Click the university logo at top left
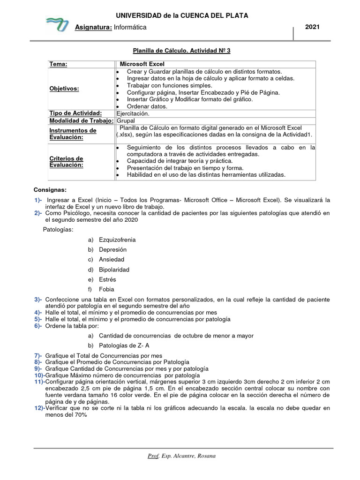57,24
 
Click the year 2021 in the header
312,27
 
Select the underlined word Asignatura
93,27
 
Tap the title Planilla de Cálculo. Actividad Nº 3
180,50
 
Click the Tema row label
58,64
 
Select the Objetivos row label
64,89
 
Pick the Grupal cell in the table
126,120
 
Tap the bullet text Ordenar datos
147,106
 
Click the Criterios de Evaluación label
66,162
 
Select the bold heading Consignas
50,190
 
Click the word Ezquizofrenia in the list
117,240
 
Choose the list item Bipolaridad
114,270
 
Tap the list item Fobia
106,289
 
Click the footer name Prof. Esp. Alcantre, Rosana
180,456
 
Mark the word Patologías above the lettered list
58,229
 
